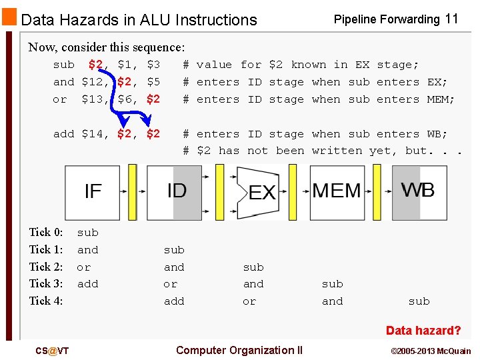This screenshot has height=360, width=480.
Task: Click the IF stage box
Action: click(93, 192)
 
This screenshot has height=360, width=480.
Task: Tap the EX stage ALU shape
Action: click(261, 193)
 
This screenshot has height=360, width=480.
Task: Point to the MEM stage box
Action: click(336, 192)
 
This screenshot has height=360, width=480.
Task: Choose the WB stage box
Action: click(419, 191)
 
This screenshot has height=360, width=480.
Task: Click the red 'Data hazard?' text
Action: click(423, 331)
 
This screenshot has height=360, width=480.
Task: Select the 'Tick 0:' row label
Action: click(46, 233)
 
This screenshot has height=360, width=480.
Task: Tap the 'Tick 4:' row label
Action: click(46, 301)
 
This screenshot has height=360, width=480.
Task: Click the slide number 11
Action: click(451, 19)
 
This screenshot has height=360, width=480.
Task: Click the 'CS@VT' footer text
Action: click(53, 351)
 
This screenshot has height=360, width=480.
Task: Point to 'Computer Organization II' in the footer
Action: click(239, 350)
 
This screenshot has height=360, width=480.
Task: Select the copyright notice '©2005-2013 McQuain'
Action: click(431, 351)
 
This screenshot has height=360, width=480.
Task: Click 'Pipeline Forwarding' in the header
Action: click(387, 19)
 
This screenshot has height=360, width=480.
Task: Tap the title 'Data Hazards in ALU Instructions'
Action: click(139, 20)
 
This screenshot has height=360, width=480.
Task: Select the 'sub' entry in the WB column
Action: click(419, 301)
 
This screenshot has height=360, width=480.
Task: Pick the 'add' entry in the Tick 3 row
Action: click(87, 284)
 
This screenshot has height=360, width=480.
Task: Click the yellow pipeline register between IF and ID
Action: click(132, 192)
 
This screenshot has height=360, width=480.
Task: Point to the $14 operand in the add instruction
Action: click(95, 133)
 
